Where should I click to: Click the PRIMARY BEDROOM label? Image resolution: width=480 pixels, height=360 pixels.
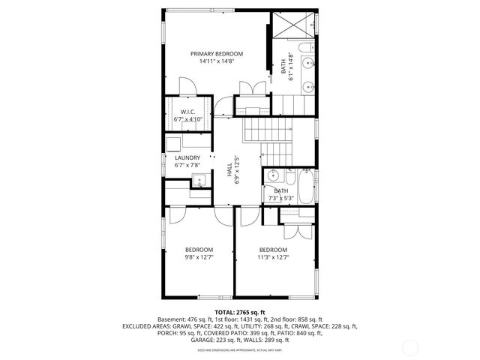click(x=216, y=54)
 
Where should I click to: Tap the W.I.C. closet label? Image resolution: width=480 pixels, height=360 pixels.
click(x=187, y=112)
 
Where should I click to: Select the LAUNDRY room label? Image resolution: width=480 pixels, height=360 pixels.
click(x=187, y=157)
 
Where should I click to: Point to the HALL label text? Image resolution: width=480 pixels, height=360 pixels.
click(x=229, y=172)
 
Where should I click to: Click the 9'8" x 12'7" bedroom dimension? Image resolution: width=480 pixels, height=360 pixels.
click(x=199, y=257)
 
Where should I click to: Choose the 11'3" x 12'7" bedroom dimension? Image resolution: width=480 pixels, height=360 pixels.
click(x=273, y=257)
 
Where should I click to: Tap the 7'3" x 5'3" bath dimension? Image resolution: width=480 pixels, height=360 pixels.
click(x=280, y=199)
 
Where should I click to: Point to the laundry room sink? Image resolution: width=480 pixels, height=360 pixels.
click(x=199, y=179)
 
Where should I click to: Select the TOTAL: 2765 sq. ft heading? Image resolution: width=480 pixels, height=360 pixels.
click(x=240, y=312)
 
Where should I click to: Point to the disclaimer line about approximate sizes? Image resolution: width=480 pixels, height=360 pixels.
click(x=240, y=350)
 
